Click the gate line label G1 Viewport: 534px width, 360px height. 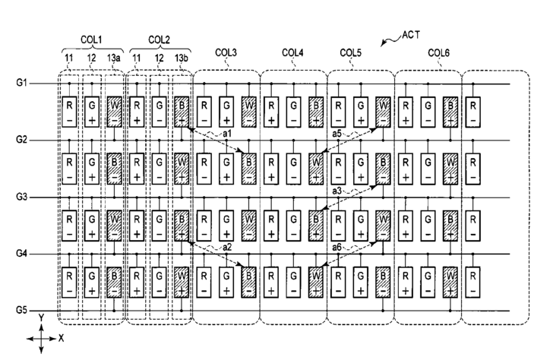pos(21,83)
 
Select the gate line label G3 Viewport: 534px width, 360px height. pos(21,197)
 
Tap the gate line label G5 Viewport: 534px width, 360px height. pos(21,311)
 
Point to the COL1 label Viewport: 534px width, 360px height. pos(91,39)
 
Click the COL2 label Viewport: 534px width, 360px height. pos(159,39)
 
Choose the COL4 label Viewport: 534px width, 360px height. pos(292,53)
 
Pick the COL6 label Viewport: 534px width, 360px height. pos(438,53)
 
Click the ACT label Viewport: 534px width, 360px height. pos(411,35)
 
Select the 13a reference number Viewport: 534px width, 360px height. pos(114,58)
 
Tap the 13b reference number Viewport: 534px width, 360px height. pos(182,58)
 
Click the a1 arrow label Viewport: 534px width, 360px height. pos(227,134)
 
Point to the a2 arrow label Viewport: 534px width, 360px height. pos(227,248)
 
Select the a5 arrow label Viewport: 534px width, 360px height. pos(337,134)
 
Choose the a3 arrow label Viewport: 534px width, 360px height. pos(337,191)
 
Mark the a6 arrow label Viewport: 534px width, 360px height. pos(337,248)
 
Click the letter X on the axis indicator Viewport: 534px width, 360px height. pos(62,338)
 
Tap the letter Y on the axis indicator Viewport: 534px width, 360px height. pos(41,318)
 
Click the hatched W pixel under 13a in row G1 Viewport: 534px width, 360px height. pos(115,112)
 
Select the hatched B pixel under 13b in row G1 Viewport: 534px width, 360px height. pos(182,112)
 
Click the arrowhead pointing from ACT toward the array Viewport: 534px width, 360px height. pos(383,44)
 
